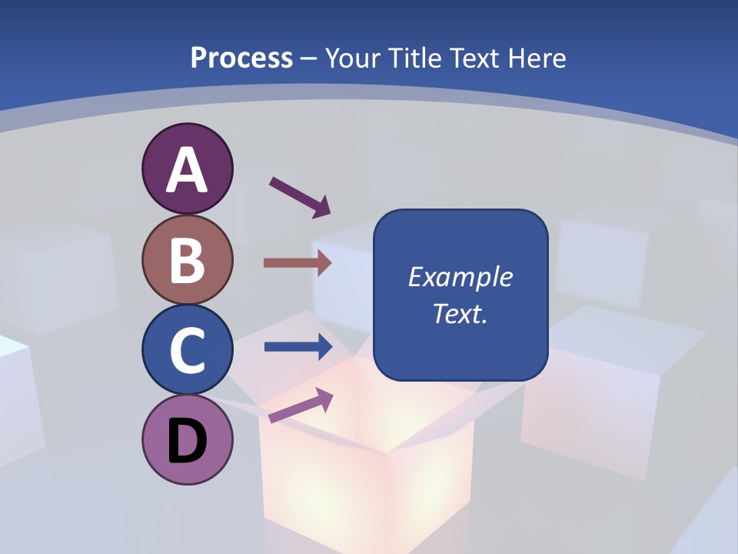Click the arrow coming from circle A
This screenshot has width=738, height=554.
(x=300, y=197)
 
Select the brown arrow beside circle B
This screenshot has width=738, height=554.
(x=297, y=263)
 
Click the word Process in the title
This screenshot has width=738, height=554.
(x=241, y=58)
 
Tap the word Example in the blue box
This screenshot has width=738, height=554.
(x=460, y=277)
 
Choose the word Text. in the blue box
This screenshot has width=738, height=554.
(x=460, y=313)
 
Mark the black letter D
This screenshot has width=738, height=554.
(x=188, y=442)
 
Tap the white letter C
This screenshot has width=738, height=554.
(x=188, y=351)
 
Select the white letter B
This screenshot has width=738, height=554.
(x=188, y=260)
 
